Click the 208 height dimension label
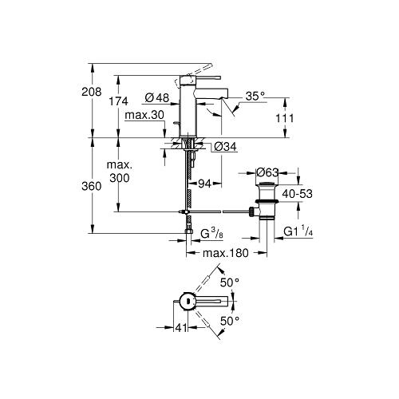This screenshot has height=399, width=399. (x=92, y=92)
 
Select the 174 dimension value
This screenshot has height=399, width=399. (x=119, y=101)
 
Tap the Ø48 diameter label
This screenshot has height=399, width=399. (x=157, y=98)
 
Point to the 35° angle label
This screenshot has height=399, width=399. (x=255, y=96)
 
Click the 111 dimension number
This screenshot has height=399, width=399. (x=284, y=118)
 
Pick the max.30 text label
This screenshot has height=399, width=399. (x=144, y=115)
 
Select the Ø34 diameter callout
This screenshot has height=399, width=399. (x=225, y=147)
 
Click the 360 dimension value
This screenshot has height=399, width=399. (x=92, y=186)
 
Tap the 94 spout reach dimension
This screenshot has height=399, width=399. (x=204, y=184)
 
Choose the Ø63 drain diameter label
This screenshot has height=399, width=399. (x=267, y=172)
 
